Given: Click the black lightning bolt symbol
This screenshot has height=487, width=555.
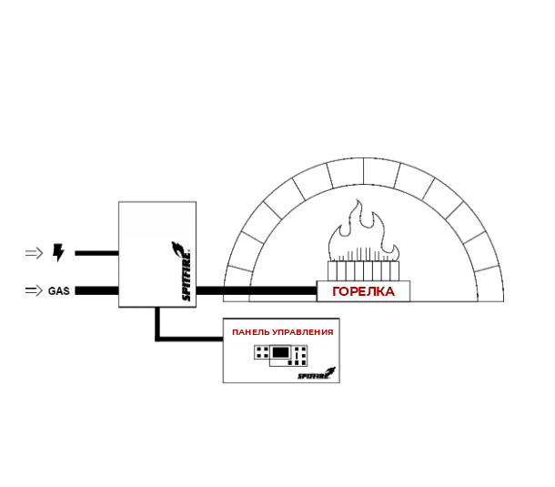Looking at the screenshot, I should point(59,253).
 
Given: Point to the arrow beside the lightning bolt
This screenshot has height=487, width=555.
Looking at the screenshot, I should point(34,253).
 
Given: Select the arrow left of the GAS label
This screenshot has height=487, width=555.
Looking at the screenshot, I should point(33,291).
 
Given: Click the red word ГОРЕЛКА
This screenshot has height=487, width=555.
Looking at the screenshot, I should point(363,291).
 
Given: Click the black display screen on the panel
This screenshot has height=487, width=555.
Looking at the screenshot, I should point(281,353).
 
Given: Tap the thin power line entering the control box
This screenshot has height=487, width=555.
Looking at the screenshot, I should point(96,253).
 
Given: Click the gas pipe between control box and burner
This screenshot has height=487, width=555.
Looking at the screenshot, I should point(255,291).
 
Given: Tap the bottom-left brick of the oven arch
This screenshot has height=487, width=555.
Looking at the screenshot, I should point(237,285).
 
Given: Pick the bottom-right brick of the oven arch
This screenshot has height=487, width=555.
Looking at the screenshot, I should point(492,285).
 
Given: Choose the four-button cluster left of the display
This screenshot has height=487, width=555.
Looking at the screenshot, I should point(261,352).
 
